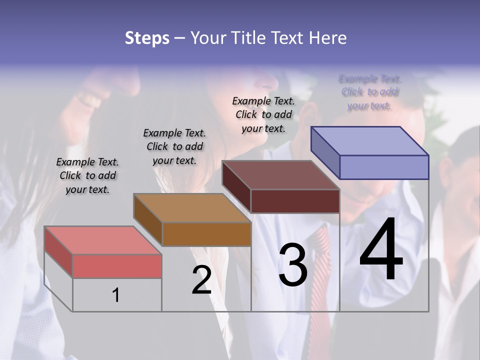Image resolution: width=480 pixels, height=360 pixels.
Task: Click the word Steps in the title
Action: (x=147, y=38)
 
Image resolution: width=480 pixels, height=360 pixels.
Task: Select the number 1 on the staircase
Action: (x=116, y=295)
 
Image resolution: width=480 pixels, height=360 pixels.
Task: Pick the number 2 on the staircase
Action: (x=201, y=280)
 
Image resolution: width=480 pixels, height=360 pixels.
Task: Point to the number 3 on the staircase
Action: (x=292, y=265)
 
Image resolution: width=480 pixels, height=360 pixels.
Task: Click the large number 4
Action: (x=381, y=250)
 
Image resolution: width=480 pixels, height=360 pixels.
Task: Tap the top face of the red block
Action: (x=102, y=240)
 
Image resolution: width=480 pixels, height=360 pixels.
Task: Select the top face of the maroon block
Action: (x=280, y=175)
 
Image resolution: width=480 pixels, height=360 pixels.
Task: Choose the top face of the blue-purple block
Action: (x=369, y=141)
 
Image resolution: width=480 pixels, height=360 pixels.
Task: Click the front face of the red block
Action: (x=117, y=265)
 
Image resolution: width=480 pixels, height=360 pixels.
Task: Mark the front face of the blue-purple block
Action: (x=384, y=167)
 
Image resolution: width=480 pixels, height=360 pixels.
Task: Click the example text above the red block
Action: (x=87, y=175)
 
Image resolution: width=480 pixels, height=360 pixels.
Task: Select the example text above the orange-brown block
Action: (x=174, y=146)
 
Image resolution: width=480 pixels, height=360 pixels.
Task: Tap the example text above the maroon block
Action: (x=263, y=114)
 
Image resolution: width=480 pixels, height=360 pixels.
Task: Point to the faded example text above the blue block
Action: (x=369, y=92)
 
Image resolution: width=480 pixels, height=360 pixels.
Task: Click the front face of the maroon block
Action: (x=295, y=201)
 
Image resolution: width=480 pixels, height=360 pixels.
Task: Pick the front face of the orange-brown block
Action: (x=206, y=233)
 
